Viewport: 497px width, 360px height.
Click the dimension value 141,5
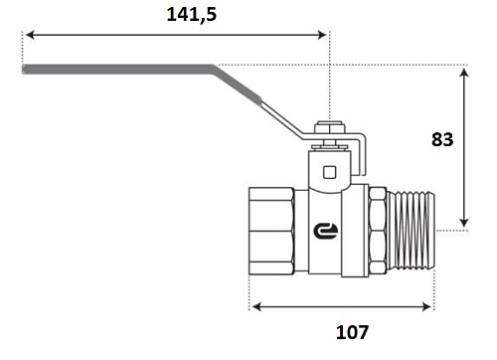pos(192,15)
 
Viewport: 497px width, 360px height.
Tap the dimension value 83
pos(442,139)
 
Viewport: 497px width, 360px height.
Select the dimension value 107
pos(352,332)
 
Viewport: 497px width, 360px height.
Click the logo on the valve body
pos(326,231)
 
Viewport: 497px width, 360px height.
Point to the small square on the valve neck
pos(330,172)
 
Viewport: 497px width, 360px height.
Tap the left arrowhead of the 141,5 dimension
pos(30,35)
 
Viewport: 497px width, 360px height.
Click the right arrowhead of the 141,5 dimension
pos(322,35)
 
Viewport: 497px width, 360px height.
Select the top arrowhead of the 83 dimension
pos(464,73)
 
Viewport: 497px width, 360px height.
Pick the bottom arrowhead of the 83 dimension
pos(464,223)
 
